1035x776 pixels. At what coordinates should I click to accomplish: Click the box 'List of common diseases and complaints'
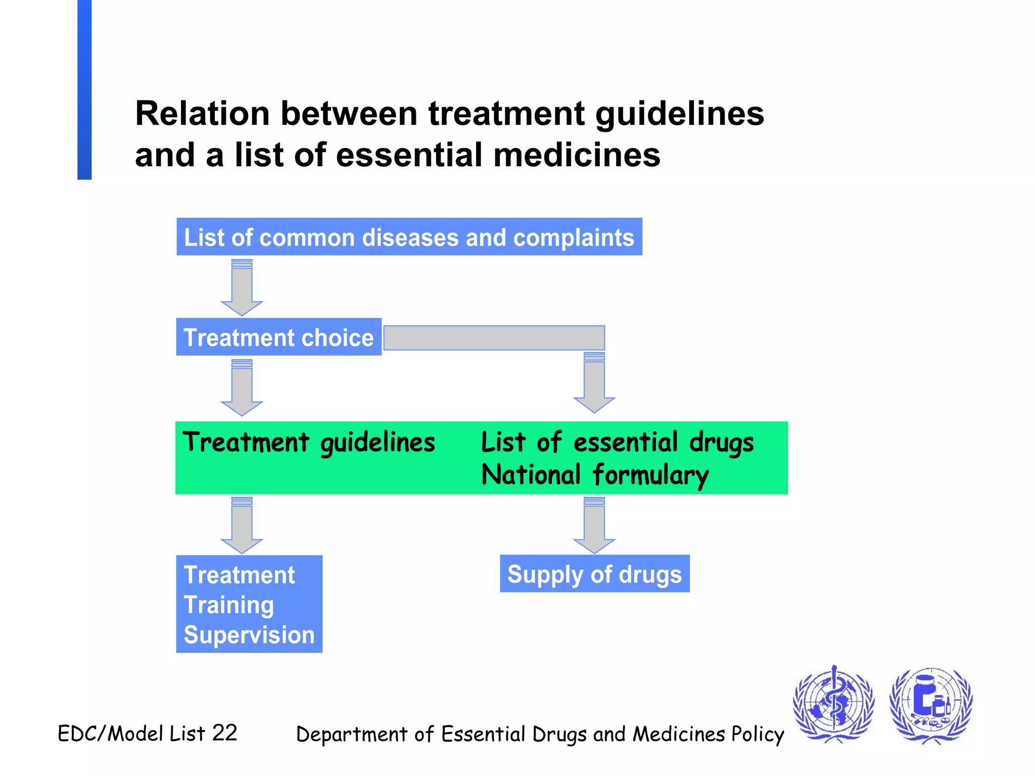pyautogui.click(x=409, y=237)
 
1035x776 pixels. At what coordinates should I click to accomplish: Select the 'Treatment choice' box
pyautogui.click(x=278, y=337)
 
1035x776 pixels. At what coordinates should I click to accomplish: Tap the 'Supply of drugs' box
pyautogui.click(x=594, y=574)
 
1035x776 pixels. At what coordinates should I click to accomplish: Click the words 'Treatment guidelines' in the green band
pyautogui.click(x=309, y=443)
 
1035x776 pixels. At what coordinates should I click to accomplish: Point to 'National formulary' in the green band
pyautogui.click(x=595, y=475)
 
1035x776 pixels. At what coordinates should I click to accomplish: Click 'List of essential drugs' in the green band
pyautogui.click(x=617, y=443)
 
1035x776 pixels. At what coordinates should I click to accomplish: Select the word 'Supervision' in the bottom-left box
pyautogui.click(x=249, y=635)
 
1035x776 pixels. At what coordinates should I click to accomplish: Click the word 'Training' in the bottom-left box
pyautogui.click(x=229, y=605)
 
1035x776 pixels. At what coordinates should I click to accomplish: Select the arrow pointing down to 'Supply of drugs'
pyautogui.click(x=594, y=526)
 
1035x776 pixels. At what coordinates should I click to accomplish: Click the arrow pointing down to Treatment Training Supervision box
pyautogui.click(x=242, y=526)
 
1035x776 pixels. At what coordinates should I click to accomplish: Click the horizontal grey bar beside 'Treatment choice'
pyautogui.click(x=494, y=337)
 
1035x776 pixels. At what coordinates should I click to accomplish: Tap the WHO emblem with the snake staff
pyautogui.click(x=833, y=703)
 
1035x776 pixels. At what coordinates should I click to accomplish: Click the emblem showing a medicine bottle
pyautogui.click(x=930, y=704)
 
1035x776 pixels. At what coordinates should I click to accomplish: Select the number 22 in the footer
pyautogui.click(x=224, y=733)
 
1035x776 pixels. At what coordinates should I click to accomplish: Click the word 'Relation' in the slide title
pyautogui.click(x=202, y=114)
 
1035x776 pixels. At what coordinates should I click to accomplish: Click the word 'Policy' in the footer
pyautogui.click(x=758, y=735)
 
